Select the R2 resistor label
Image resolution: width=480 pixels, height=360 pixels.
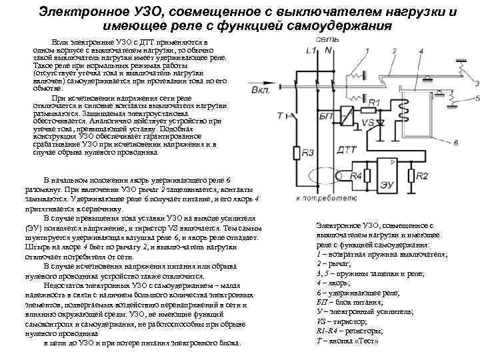(x=422, y=175)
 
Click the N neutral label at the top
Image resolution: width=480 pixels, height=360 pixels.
(x=329, y=51)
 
